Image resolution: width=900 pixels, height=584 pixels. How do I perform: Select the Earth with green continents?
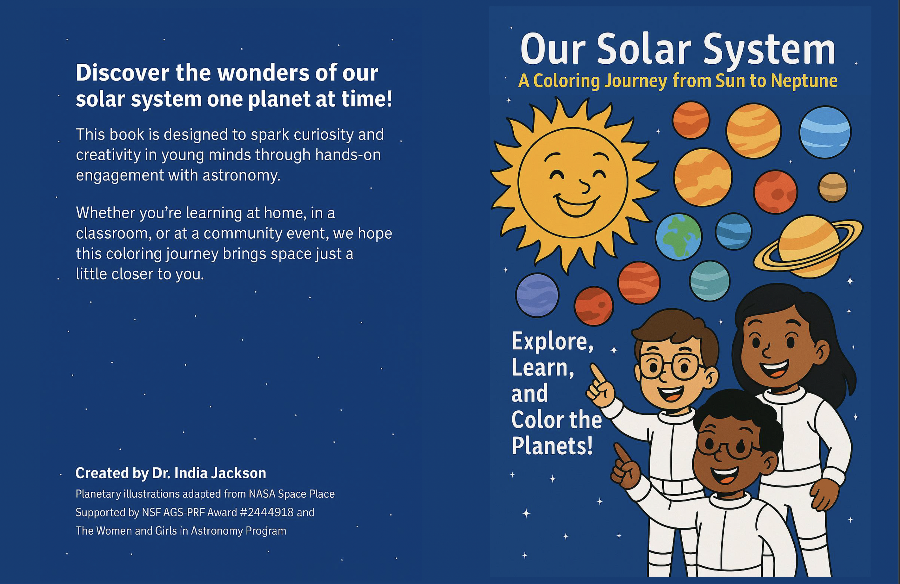pyautogui.click(x=678, y=237)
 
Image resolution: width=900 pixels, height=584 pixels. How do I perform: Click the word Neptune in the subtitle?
pyautogui.click(x=804, y=81)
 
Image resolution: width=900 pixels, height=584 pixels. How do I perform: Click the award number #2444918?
pyautogui.click(x=267, y=512)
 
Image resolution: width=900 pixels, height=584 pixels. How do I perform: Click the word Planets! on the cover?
pyautogui.click(x=552, y=446)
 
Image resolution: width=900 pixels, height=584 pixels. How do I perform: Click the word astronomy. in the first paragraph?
pyautogui.click(x=241, y=176)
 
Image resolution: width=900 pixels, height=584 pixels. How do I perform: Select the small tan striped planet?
pyautogui.click(x=833, y=187)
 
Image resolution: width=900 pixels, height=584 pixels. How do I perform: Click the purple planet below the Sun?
pyautogui.click(x=537, y=295)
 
